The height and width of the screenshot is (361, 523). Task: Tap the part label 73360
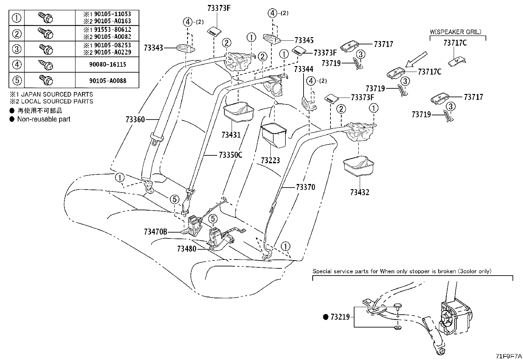(x=135, y=120)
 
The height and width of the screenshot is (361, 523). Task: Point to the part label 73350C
(x=230, y=155)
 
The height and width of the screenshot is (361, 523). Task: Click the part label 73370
(x=306, y=187)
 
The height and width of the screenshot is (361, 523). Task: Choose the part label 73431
(x=231, y=135)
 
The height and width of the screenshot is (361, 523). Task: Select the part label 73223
(x=270, y=160)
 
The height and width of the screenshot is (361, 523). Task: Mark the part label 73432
(x=360, y=192)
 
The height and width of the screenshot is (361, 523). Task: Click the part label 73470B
(x=155, y=232)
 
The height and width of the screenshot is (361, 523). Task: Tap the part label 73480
(x=187, y=249)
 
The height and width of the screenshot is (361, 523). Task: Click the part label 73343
(x=153, y=48)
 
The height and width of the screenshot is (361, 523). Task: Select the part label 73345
(x=304, y=40)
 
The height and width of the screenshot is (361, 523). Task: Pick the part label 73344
(x=304, y=69)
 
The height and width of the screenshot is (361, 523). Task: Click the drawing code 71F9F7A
(x=509, y=356)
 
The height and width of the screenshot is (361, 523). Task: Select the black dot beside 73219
(x=326, y=317)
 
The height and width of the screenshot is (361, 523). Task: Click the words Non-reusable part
(x=44, y=119)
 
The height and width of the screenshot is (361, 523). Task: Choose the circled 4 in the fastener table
(x=17, y=65)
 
